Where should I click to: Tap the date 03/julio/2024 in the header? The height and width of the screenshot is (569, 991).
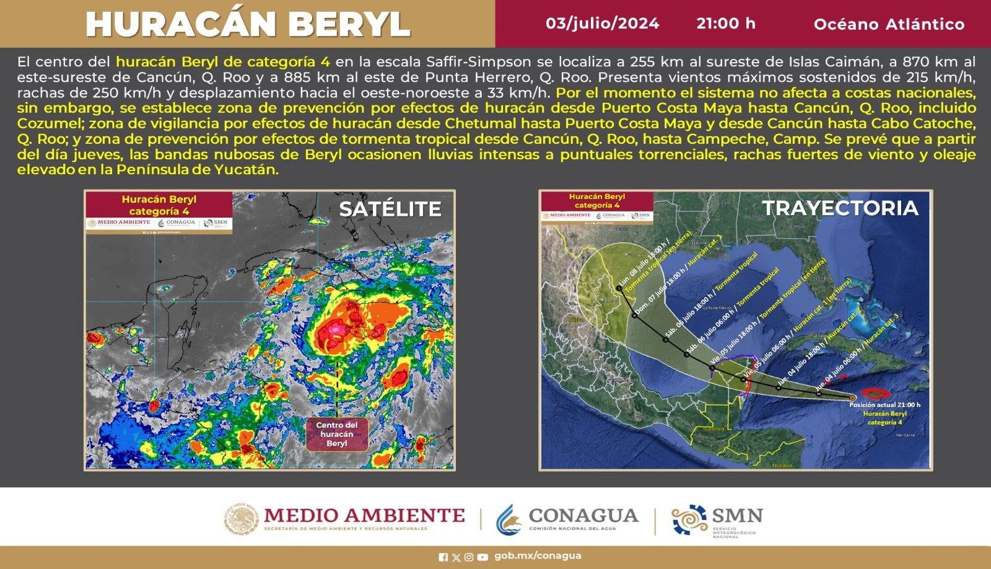click(x=602, y=24)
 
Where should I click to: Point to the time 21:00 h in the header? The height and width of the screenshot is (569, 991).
click(x=725, y=24)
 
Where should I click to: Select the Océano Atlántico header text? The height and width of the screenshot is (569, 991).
click(x=889, y=24)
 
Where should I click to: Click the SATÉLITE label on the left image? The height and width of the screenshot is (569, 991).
click(x=390, y=209)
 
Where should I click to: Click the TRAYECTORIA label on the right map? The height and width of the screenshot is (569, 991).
click(x=840, y=208)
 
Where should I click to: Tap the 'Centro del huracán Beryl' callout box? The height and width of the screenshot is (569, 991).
click(x=337, y=434)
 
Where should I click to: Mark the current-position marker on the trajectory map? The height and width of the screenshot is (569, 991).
click(x=853, y=398)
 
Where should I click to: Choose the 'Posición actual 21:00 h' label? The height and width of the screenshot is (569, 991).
click(x=884, y=405)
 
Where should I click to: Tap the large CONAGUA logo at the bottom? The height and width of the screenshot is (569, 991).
click(x=567, y=519)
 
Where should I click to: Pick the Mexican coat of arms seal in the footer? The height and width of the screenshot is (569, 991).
click(x=241, y=519)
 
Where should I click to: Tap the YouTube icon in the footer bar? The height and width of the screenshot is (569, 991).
click(x=482, y=557)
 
